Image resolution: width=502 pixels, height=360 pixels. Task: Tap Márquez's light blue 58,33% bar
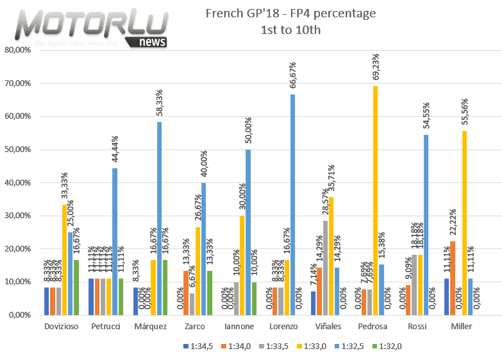[x=159, y=218]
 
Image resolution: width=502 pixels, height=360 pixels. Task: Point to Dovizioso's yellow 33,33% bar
[x=65, y=259]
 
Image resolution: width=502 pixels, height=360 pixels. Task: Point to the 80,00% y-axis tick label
[x=17, y=50]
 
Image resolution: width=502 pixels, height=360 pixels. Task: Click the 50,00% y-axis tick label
[x=17, y=150]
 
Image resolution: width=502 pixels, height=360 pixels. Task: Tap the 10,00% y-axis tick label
[x=17, y=282]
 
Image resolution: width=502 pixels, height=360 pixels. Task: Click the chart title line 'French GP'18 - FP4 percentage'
[x=290, y=13]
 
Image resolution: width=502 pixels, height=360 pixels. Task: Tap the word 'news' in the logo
[x=152, y=41]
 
